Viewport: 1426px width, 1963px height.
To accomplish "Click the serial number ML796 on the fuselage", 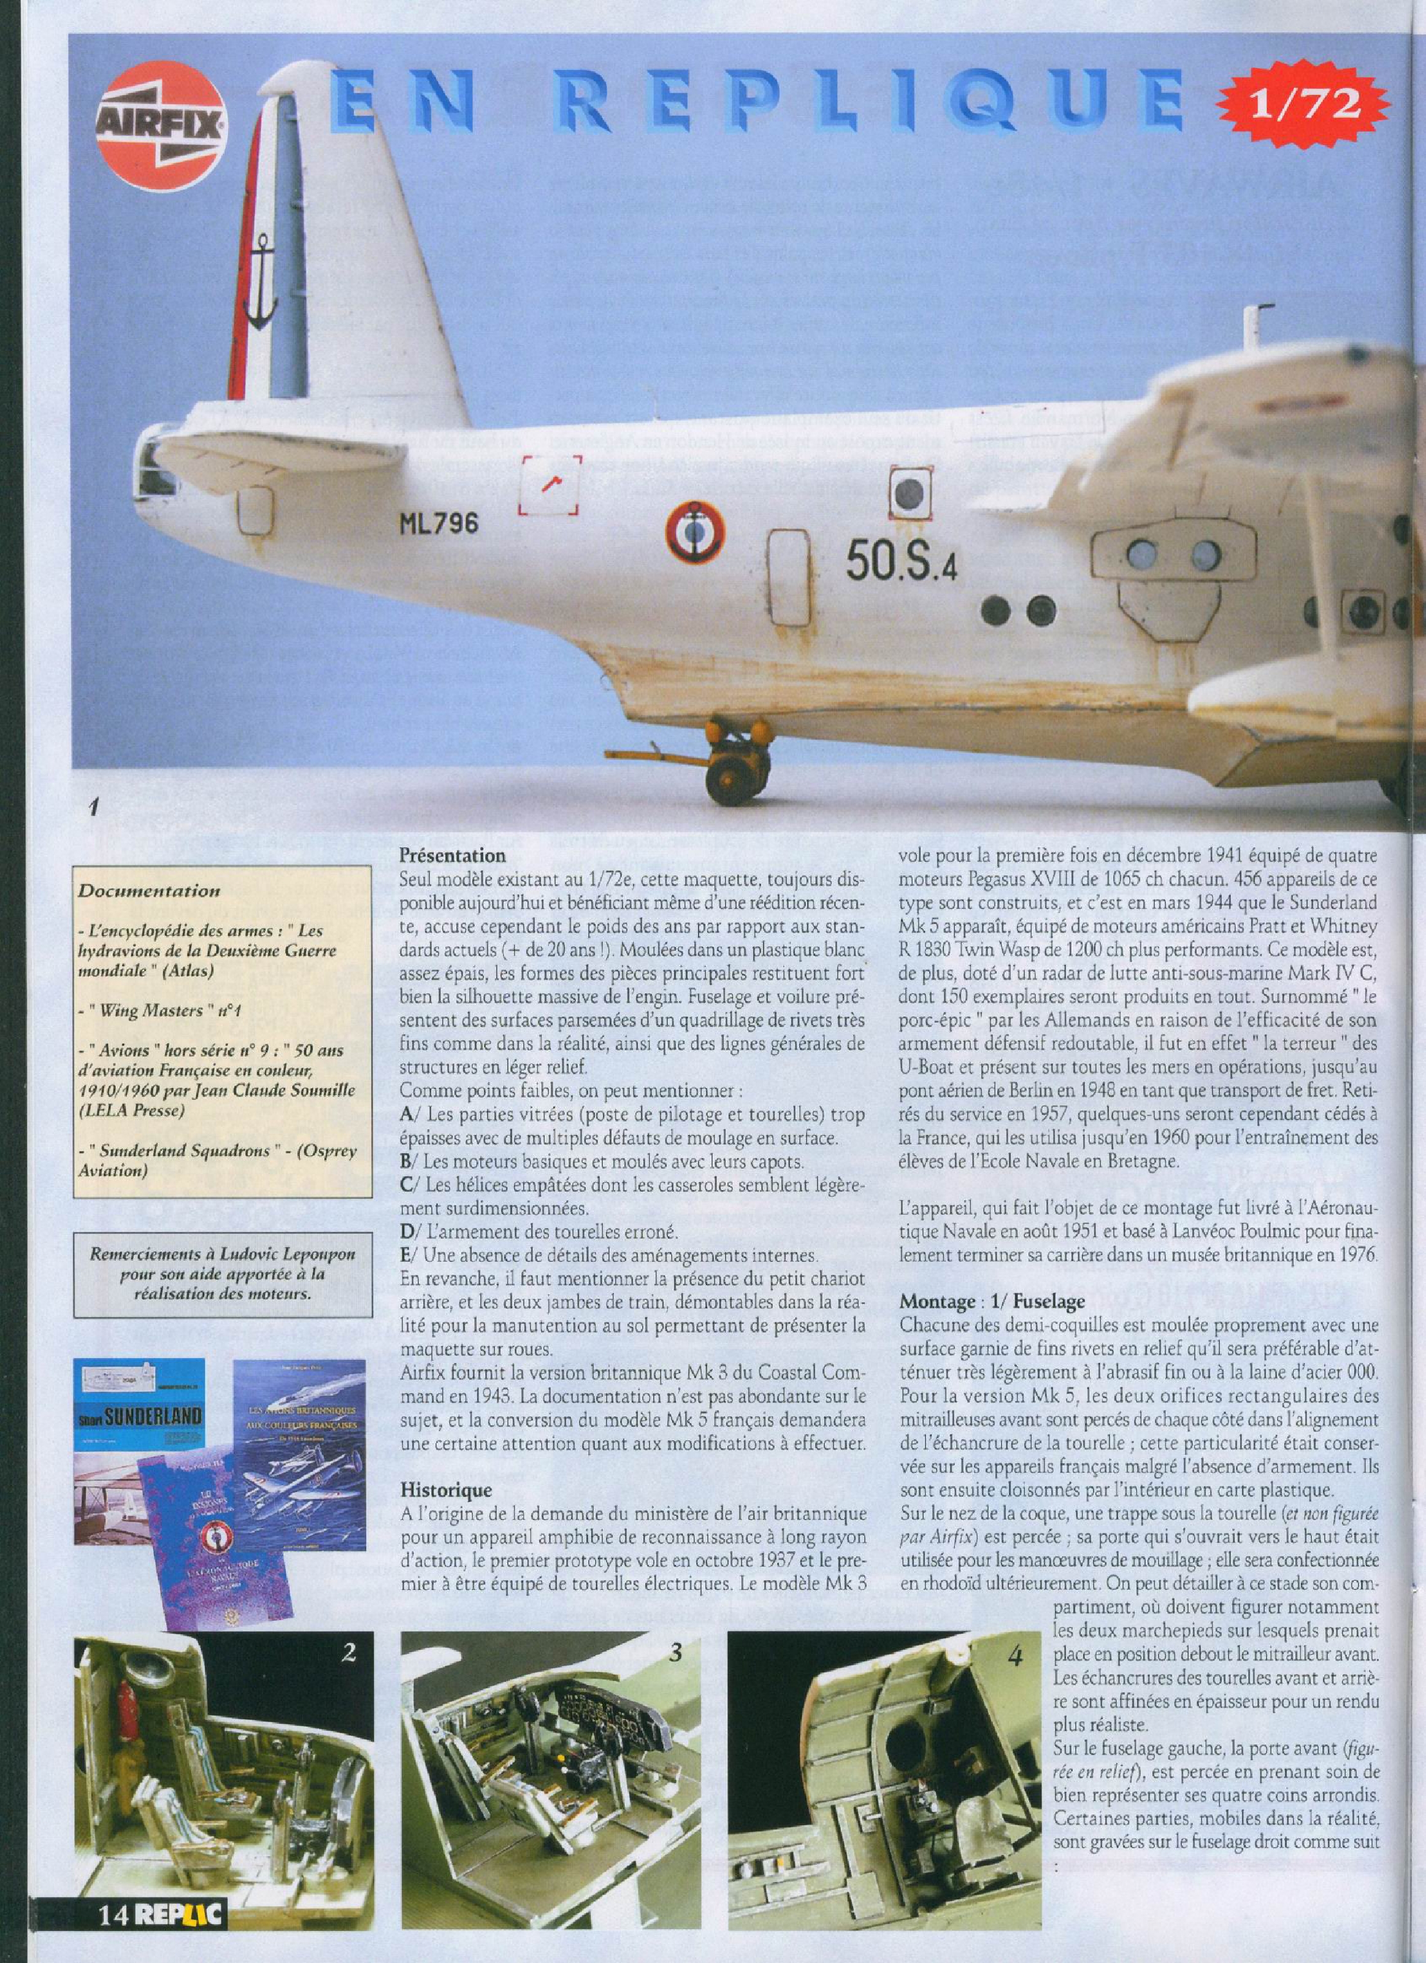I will click(439, 524).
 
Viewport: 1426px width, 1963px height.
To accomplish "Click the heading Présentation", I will click(451, 856).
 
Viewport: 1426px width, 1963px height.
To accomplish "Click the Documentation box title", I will click(149, 889).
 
